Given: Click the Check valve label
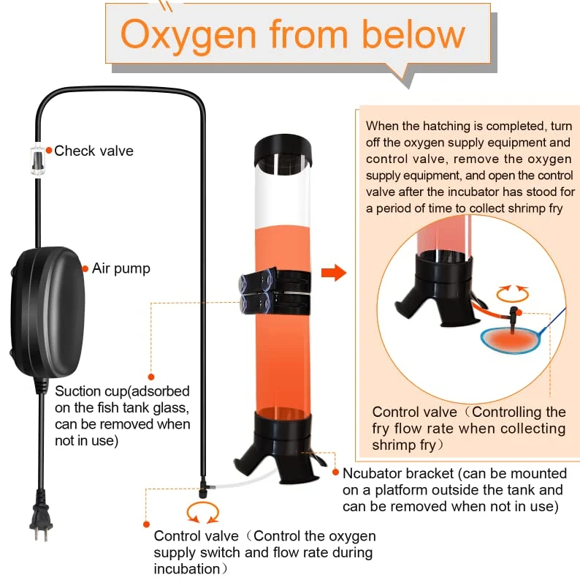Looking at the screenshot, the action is click(x=94, y=151).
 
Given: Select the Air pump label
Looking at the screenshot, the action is click(x=121, y=268).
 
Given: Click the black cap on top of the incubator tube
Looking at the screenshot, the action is click(x=283, y=151).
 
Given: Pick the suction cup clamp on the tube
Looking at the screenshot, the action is click(x=275, y=291).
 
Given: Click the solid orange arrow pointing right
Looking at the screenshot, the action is click(x=334, y=273).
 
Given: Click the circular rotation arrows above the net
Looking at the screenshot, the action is click(x=512, y=294).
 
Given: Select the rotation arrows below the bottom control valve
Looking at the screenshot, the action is click(x=202, y=513).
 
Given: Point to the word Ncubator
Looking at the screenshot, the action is click(x=372, y=473).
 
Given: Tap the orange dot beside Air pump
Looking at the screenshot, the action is click(x=85, y=268).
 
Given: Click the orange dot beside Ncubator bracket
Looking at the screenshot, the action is click(x=335, y=472).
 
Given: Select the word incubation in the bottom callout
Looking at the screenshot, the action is click(x=187, y=569).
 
